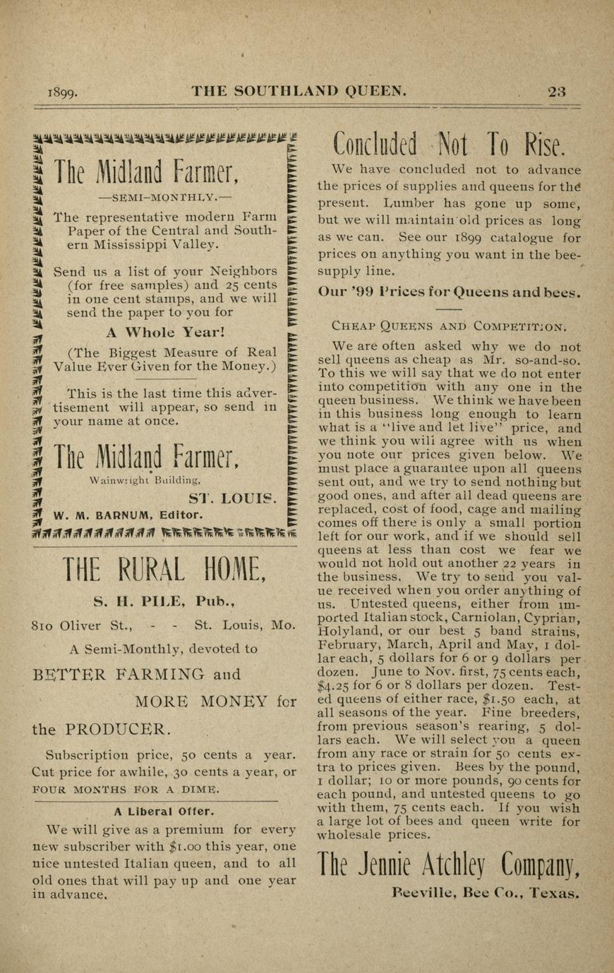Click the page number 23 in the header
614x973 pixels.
[x=556, y=91]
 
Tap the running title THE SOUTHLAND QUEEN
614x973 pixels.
[x=300, y=91]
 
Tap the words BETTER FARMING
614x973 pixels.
[x=118, y=674]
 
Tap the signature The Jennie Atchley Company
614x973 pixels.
[x=448, y=864]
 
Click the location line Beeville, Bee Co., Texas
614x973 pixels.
[x=486, y=892]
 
